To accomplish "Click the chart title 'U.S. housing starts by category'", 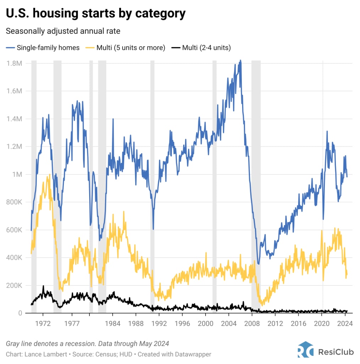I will [x=96, y=14].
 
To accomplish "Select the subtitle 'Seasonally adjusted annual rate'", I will [x=63, y=31].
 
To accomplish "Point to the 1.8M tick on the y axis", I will [x=15, y=63].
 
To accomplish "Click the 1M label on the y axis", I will [x=18, y=175].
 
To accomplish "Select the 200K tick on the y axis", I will [x=15, y=285].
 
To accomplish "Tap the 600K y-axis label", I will [x=15, y=230].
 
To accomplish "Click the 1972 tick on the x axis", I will [x=43, y=324].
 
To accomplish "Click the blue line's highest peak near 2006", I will [x=240, y=60].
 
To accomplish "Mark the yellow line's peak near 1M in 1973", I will [x=49, y=175].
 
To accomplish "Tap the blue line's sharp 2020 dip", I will [x=323, y=219].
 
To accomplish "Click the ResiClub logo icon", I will [x=305, y=350].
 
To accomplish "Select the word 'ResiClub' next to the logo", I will [x=336, y=352].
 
